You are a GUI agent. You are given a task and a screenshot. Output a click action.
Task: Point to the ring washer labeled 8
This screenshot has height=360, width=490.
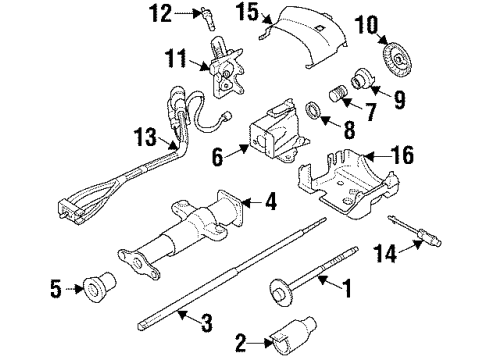[x=312, y=108]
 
